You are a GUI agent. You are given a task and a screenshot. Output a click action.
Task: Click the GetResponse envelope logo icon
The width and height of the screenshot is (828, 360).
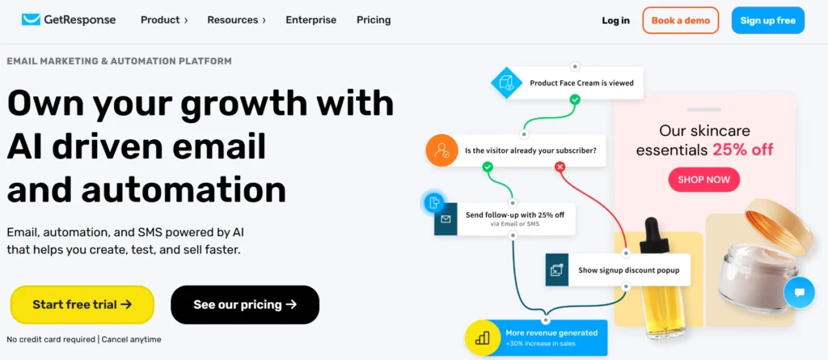point(31,19)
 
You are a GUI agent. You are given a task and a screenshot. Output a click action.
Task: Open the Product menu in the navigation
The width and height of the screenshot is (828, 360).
point(163,19)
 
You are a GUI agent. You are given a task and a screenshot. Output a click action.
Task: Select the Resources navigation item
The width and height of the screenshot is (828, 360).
point(236,19)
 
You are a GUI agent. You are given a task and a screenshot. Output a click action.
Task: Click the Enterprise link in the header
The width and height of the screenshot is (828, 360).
point(310,19)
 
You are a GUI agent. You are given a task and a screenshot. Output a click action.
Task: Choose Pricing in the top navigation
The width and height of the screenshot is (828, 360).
point(374,19)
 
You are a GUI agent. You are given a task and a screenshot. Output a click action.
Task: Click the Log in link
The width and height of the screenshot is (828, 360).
point(615,20)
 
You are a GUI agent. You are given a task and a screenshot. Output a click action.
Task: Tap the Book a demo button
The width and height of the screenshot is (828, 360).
point(680,20)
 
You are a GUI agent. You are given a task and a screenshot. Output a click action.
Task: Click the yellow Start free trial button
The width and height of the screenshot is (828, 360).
point(82,305)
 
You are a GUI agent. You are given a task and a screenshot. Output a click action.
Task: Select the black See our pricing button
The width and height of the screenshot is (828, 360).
point(245,305)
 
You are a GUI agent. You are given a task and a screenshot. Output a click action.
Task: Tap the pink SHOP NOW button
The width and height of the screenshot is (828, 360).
point(703,179)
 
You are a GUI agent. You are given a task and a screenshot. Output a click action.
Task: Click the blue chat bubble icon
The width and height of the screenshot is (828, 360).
point(799,292)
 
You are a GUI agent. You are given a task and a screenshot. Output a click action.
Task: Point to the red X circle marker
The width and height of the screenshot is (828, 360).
point(560,167)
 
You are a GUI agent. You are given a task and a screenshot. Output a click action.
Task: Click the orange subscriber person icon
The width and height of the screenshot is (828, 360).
point(442,150)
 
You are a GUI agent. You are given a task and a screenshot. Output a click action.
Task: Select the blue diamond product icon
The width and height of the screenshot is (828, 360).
point(507,83)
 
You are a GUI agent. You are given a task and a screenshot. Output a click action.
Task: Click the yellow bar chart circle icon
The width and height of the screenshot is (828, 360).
point(482,338)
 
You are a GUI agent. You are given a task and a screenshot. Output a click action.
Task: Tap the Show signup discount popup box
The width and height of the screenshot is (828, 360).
point(618,269)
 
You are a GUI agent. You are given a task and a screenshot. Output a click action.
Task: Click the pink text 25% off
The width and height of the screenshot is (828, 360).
point(742,150)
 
